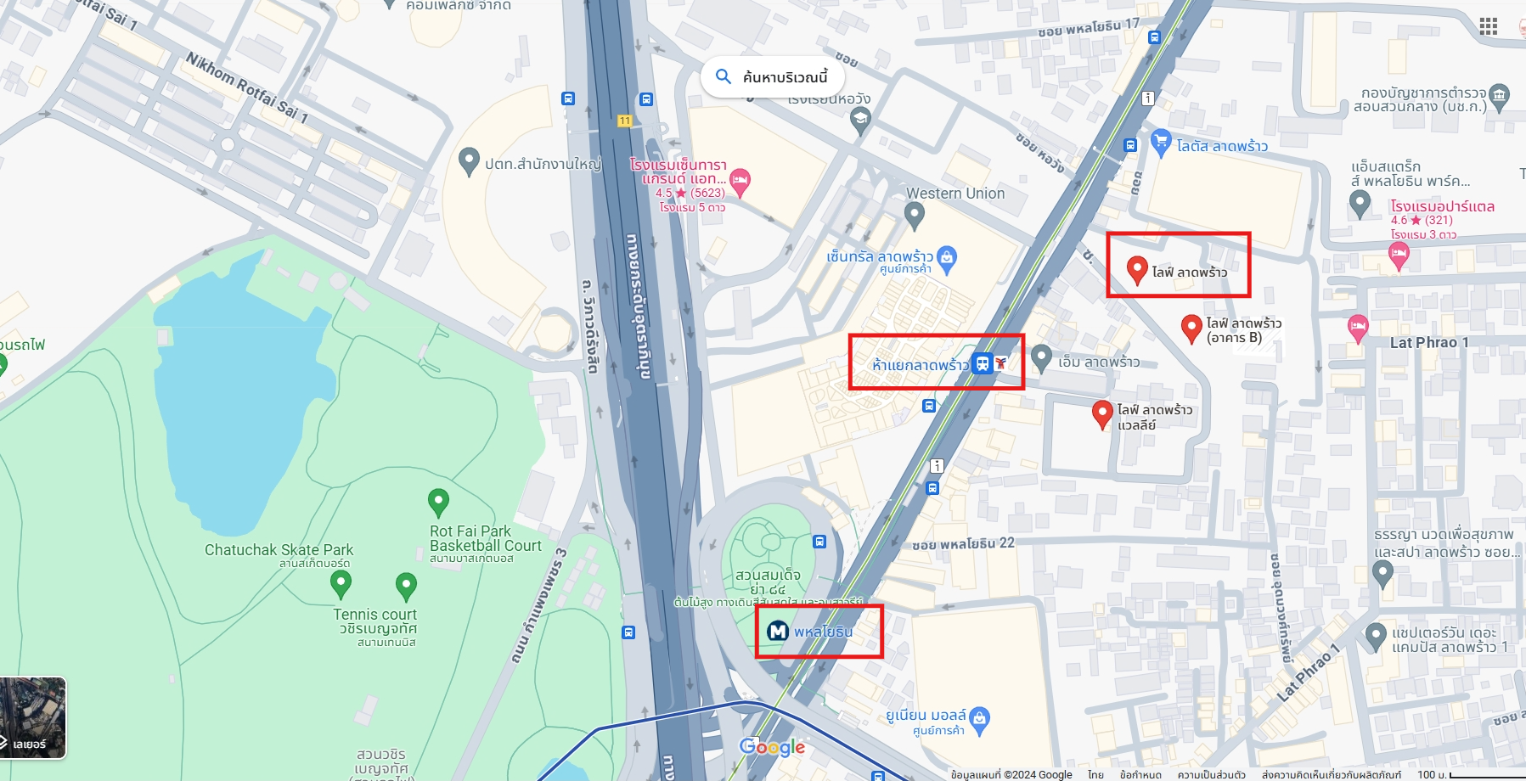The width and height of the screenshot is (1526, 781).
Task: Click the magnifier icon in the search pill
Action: point(724,77)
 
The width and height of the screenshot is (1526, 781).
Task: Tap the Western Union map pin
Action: point(914,216)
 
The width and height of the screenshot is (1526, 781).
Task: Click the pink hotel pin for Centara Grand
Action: point(740,181)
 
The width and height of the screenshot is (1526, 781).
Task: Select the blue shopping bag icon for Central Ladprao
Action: point(947,256)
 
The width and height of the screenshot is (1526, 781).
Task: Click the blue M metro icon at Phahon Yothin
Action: point(778,632)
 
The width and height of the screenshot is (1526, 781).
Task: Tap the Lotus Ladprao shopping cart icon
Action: point(1161,142)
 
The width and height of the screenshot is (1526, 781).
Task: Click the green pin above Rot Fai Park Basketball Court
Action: point(438,502)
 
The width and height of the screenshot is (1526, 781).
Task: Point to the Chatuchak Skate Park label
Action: point(279,550)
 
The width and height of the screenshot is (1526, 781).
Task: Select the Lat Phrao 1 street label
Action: point(1428,343)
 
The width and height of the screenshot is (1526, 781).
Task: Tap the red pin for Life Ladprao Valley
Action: point(1101,413)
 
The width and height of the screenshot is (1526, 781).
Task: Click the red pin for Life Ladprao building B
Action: point(1191,327)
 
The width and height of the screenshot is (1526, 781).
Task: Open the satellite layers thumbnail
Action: point(32,717)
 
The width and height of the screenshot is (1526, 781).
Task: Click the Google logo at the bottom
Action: point(772,747)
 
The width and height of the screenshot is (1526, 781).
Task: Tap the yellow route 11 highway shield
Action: point(625,121)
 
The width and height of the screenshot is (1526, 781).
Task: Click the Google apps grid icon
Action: point(1488,26)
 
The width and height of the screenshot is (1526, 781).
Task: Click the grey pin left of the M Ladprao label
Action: point(1042,358)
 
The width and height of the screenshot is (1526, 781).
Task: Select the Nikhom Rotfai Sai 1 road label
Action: point(246,88)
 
